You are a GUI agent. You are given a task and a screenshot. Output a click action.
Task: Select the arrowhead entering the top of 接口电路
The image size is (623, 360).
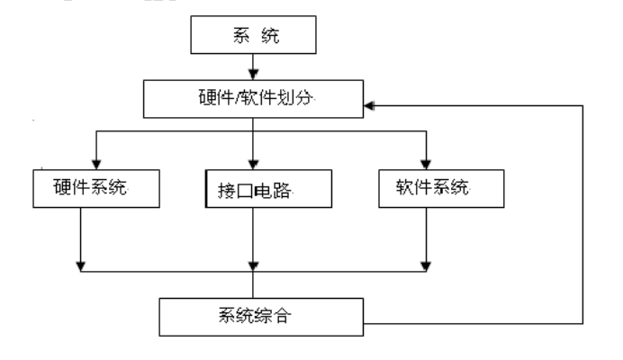coord(253,164)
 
